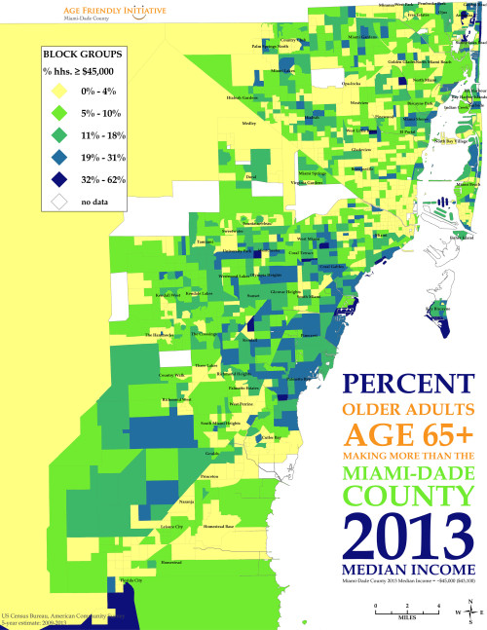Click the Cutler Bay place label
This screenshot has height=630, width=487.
[272, 437]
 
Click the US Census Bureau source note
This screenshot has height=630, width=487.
[58, 617]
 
